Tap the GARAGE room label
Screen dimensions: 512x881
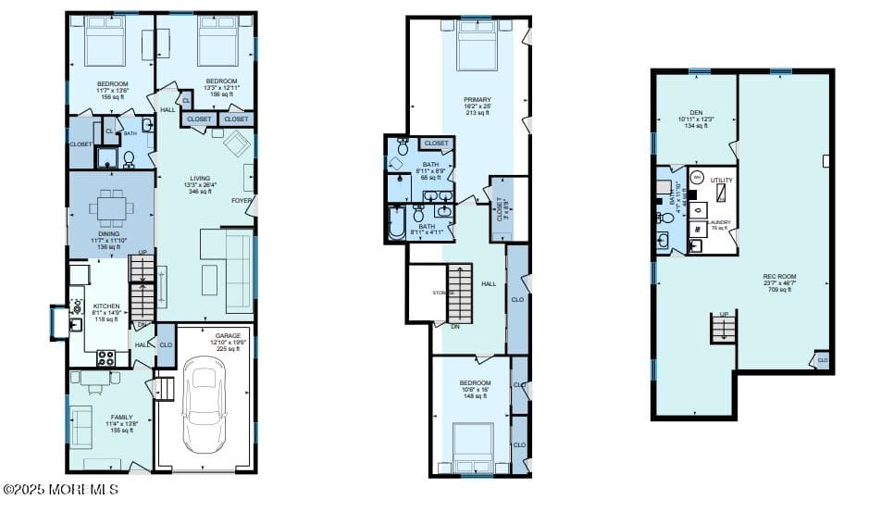coord(228,335)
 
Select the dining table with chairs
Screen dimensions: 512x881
coord(111,209)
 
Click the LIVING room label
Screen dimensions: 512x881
coord(200,179)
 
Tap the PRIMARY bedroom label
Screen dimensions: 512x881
coord(478,99)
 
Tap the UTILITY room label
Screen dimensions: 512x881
coord(721,180)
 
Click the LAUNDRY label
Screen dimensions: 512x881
coord(719,222)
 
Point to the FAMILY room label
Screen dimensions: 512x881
coord(121,417)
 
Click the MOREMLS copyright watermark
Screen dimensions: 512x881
coord(60,488)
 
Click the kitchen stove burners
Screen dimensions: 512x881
coord(105,356)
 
